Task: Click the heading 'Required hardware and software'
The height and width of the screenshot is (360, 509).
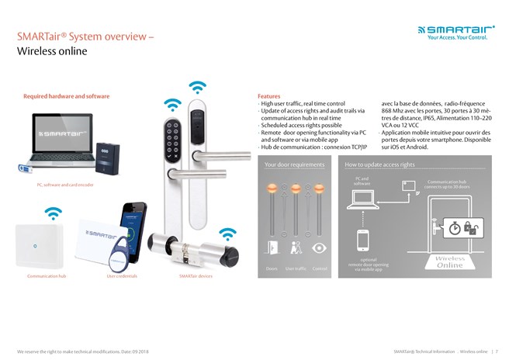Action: point(67,96)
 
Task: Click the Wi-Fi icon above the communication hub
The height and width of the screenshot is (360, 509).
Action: point(53,212)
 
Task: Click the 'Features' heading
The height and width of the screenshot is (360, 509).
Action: point(268,96)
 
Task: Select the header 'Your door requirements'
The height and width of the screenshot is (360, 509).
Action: point(295,164)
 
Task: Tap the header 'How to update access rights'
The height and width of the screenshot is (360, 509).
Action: point(380,164)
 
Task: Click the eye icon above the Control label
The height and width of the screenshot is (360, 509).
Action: point(319,247)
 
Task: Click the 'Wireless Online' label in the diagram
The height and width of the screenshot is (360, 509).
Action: point(451,261)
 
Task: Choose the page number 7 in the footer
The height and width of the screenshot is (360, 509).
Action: point(496,351)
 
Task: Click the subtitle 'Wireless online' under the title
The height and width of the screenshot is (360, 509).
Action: point(52,52)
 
